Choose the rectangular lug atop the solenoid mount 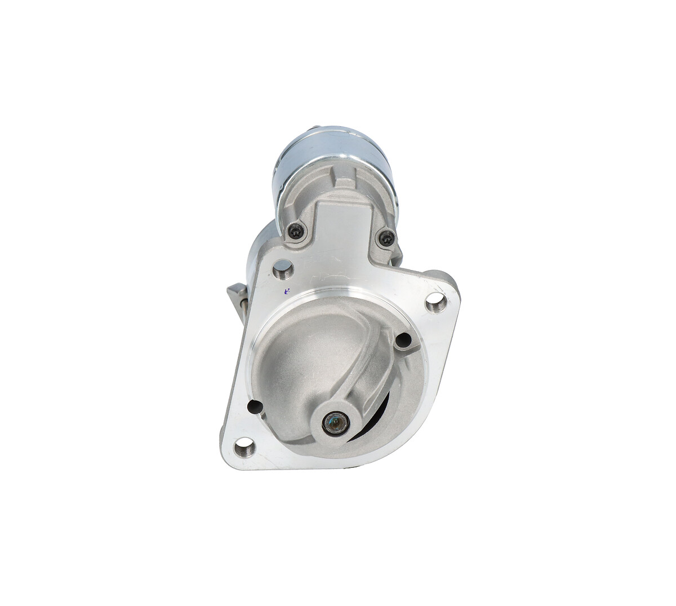[344, 180]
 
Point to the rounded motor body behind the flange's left [260, 248]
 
